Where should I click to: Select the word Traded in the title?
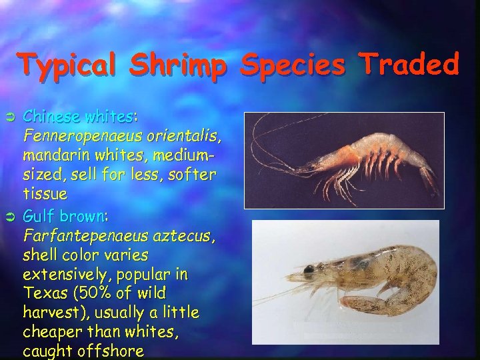tap(410, 66)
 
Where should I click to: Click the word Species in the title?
tap(298, 66)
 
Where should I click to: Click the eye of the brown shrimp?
tap(309, 269)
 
